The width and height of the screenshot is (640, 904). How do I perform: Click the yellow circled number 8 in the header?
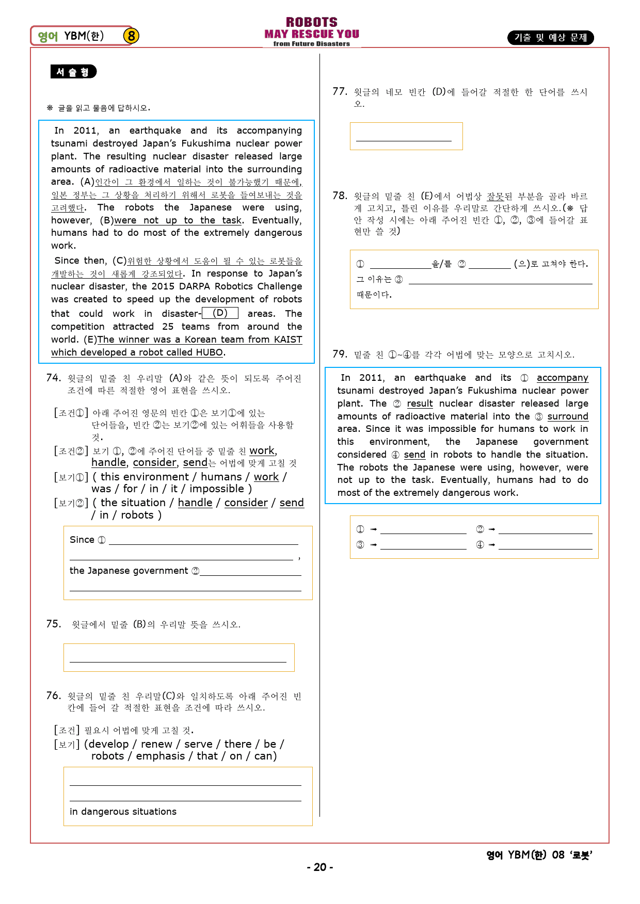[131, 36]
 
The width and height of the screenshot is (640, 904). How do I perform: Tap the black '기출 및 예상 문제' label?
[550, 38]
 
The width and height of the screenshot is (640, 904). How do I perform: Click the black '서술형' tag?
[73, 72]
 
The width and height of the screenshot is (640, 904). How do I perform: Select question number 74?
[53, 378]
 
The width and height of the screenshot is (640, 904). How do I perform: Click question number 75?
[53, 624]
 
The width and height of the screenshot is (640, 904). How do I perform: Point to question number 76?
[53, 696]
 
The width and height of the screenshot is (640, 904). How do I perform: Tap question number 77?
[340, 91]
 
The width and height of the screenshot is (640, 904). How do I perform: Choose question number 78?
[340, 196]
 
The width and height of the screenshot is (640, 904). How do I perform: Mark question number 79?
[340, 354]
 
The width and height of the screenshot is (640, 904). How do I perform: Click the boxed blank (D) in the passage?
[220, 313]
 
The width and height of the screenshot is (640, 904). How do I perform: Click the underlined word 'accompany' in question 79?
[562, 378]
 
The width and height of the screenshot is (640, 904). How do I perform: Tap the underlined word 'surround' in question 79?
[567, 416]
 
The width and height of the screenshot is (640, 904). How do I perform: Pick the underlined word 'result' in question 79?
[420, 403]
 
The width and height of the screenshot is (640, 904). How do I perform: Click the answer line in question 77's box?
[404, 140]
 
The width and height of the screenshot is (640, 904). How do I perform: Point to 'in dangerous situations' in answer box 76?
[123, 812]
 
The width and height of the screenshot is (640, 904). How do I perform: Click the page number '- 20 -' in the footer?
[320, 867]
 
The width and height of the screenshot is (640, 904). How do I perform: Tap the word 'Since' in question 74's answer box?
[82, 540]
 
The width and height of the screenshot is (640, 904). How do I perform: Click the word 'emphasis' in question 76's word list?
[160, 756]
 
